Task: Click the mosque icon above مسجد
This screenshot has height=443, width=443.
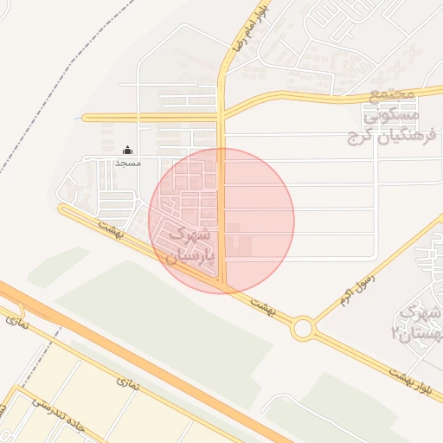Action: click(128, 150)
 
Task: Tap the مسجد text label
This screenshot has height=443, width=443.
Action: click(128, 162)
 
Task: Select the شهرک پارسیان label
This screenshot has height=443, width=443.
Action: click(185, 246)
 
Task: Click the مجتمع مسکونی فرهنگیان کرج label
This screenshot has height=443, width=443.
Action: click(384, 115)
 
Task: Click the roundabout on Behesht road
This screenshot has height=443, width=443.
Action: click(303, 328)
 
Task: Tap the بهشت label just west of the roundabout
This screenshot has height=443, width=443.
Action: click(261, 304)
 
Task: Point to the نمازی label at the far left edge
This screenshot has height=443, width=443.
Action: click(16, 322)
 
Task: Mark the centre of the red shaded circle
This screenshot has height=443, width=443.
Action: click(221, 221)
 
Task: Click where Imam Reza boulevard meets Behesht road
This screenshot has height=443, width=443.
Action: click(223, 286)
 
